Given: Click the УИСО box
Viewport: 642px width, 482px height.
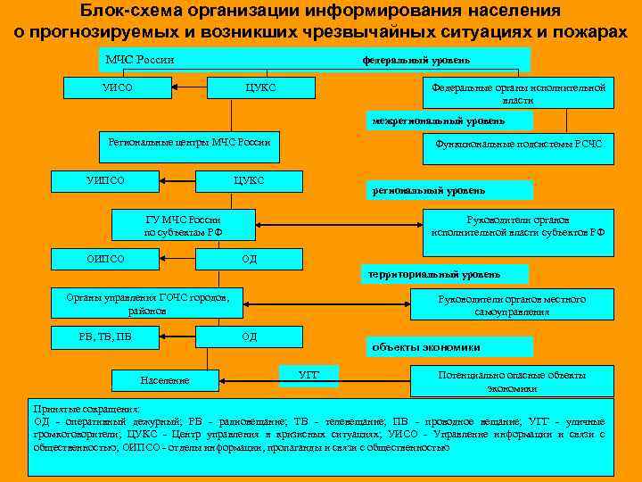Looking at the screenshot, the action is (x=118, y=87).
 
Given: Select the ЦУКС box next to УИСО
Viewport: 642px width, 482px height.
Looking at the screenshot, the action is (x=260, y=87).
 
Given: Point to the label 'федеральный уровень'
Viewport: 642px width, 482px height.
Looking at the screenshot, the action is (x=416, y=61).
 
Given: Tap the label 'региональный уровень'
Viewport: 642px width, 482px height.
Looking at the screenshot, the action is (x=451, y=190).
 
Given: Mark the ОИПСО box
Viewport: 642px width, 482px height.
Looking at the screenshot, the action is (x=106, y=260).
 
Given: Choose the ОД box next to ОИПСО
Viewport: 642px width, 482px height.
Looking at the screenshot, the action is (x=249, y=260).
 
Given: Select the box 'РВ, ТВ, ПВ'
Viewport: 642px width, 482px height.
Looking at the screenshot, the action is (x=105, y=337).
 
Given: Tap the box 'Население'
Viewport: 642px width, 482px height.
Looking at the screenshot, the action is (x=165, y=381).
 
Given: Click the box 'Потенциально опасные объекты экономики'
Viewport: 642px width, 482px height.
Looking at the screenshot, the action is (x=512, y=381).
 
